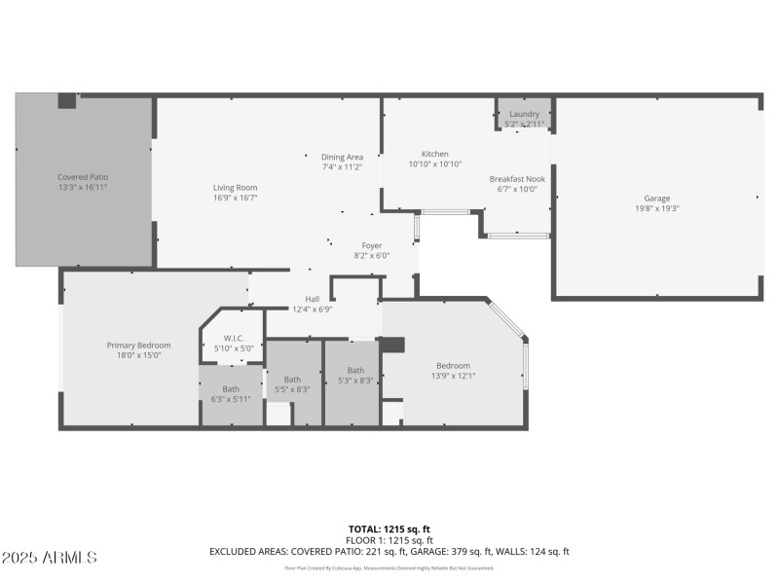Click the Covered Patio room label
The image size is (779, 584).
click(82, 177)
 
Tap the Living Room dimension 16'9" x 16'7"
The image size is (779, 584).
click(235, 198)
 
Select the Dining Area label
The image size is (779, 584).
click(342, 157)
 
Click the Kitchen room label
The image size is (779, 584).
click(434, 154)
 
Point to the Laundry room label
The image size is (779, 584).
click(524, 115)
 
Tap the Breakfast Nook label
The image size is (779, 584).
click(517, 179)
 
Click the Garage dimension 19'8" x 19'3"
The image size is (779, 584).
click(656, 208)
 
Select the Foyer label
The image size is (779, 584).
click(371, 245)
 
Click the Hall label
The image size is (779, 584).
click(312, 299)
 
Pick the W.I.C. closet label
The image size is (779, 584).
click(234, 338)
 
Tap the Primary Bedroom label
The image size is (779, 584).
click(138, 345)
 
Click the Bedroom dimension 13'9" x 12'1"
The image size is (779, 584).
click(453, 376)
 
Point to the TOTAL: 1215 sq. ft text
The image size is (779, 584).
click(389, 529)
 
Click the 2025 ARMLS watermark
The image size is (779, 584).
click(50, 558)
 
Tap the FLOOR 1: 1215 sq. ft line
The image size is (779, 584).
click(389, 540)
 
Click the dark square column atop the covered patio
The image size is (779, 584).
click(67, 100)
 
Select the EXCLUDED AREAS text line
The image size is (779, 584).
click(389, 552)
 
